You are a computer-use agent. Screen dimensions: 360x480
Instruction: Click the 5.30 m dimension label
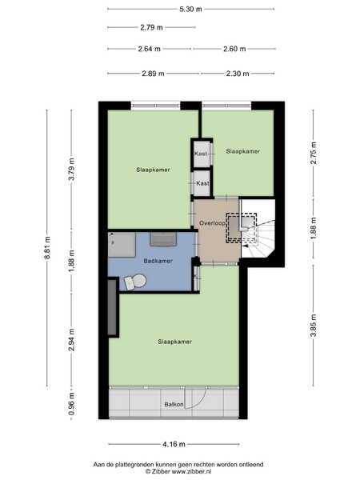pos(190,9)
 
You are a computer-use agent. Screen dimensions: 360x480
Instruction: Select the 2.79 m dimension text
pos(151,27)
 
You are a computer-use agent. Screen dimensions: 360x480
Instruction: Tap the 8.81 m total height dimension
pos(47,248)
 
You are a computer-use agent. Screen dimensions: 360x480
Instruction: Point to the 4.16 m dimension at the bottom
pos(174,444)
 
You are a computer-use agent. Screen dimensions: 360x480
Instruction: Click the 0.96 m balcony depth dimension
pos(72,404)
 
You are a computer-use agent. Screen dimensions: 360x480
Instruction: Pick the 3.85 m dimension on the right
pos(313,326)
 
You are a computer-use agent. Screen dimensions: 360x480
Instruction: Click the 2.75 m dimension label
pos(313,153)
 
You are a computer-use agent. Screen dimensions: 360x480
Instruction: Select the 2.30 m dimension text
pos(238,74)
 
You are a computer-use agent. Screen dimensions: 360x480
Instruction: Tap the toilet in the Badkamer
pos(135,282)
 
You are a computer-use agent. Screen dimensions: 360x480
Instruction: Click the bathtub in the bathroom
pos(122,245)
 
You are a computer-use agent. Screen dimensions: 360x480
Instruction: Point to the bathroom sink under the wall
pos(163,239)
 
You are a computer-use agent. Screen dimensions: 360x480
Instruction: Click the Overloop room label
pos(212,223)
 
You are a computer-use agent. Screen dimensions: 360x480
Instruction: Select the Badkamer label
pos(158,261)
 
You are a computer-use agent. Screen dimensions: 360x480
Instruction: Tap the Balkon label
pos(174,404)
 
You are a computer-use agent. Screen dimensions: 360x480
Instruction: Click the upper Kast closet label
pos(201,154)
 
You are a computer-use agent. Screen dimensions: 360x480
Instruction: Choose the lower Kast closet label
pos(202,183)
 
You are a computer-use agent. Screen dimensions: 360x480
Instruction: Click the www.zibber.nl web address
pos(191,472)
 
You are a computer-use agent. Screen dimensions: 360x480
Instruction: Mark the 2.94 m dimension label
pos(72,340)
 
